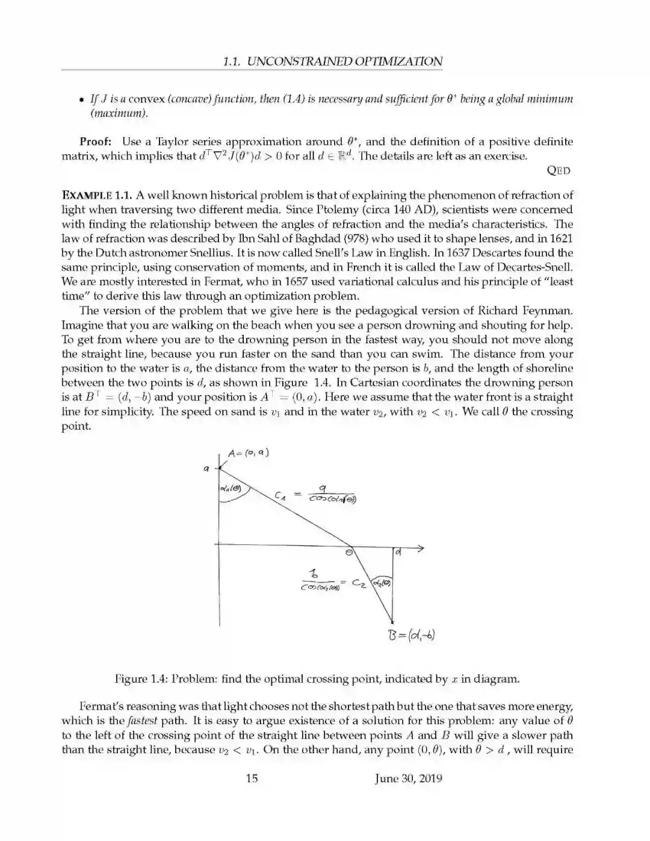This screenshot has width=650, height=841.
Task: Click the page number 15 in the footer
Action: coord(252,778)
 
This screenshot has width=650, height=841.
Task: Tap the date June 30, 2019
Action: coord(408,778)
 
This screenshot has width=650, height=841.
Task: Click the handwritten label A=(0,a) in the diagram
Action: coord(248,453)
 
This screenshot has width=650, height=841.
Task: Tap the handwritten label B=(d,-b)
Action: coord(409,635)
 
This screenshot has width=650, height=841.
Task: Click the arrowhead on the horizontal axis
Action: coord(420,548)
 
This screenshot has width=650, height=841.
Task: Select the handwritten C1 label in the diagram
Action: coord(279,496)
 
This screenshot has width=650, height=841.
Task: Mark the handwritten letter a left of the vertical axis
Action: coord(206,467)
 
